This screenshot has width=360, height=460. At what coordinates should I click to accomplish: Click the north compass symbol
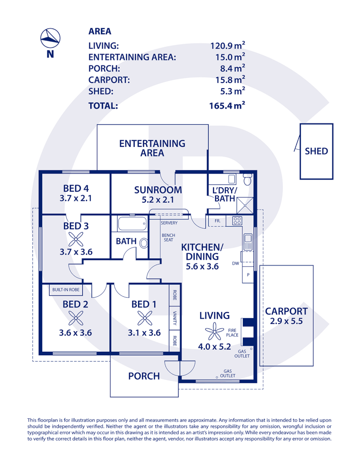(x=50, y=38)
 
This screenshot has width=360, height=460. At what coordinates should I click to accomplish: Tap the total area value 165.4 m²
(x=227, y=105)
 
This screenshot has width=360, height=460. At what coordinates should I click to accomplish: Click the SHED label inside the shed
(x=316, y=151)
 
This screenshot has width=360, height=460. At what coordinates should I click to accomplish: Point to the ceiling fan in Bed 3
(x=76, y=239)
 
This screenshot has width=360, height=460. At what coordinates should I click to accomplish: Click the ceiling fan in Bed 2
(x=76, y=318)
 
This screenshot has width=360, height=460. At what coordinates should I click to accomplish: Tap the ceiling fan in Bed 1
(x=145, y=318)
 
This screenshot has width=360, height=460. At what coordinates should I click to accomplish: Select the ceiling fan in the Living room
(x=214, y=331)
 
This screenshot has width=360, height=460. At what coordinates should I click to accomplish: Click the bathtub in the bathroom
(x=132, y=224)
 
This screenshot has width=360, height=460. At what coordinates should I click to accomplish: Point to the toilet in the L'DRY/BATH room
(x=248, y=179)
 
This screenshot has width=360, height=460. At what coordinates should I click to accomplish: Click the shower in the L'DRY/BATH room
(x=245, y=205)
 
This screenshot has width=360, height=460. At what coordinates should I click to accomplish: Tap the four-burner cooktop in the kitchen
(x=237, y=221)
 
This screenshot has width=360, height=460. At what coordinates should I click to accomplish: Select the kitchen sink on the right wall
(x=248, y=242)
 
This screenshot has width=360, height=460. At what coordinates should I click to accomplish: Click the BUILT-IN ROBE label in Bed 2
(x=66, y=290)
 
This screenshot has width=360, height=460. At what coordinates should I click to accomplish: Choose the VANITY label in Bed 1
(x=175, y=318)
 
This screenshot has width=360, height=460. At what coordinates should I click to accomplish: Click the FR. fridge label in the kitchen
(x=217, y=221)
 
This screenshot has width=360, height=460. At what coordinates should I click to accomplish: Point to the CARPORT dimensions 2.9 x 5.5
(x=286, y=321)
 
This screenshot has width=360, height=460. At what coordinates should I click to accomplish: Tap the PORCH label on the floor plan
(x=144, y=376)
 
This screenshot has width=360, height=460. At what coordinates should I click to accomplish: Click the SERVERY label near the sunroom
(x=169, y=223)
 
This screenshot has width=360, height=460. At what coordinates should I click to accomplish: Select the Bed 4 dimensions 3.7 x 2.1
(x=76, y=198)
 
